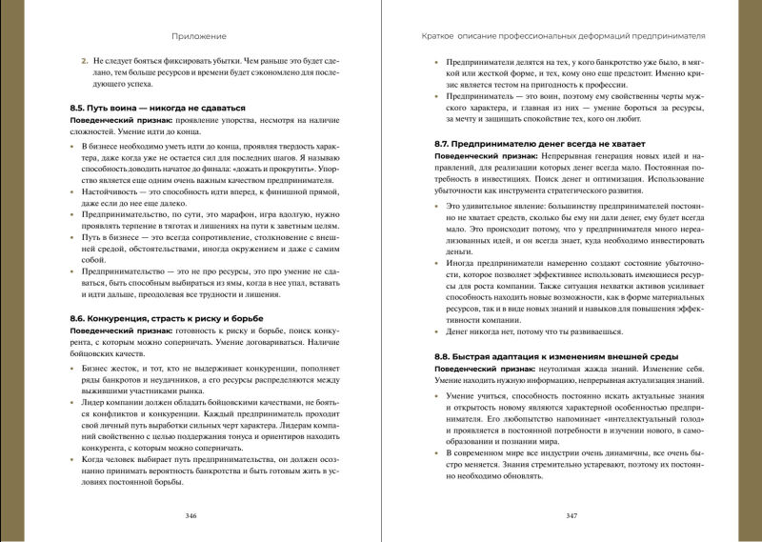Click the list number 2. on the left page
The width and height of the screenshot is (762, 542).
tap(85, 60)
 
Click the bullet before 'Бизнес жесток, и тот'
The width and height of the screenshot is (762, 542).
tap(73, 366)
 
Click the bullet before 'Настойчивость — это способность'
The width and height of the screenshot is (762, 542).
tap(73, 191)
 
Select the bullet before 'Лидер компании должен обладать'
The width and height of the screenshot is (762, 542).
tap(73, 403)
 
